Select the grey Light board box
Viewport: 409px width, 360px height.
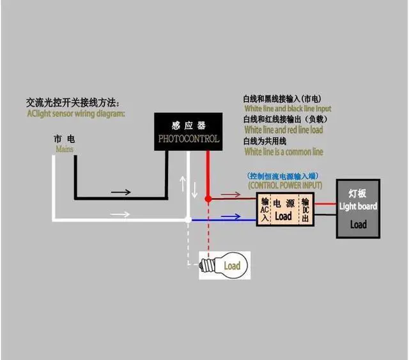click(x=358, y=209)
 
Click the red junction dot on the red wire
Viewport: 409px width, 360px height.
click(x=208, y=199)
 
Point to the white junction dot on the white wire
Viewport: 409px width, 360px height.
click(x=187, y=219)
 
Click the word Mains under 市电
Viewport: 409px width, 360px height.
click(x=64, y=149)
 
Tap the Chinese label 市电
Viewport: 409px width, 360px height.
click(x=64, y=139)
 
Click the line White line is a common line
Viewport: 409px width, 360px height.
click(x=284, y=152)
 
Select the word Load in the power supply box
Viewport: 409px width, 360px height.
click(x=282, y=216)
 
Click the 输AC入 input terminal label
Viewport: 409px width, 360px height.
click(x=265, y=210)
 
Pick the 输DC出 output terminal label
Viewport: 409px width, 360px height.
click(x=305, y=210)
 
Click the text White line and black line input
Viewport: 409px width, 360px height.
click(x=288, y=109)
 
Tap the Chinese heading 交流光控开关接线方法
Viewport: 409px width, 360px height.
click(x=72, y=102)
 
